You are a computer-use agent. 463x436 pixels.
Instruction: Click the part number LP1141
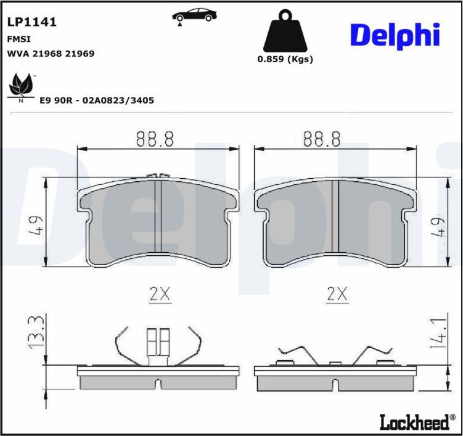tap(31, 22)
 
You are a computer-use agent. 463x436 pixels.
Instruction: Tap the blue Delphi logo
tap(395, 35)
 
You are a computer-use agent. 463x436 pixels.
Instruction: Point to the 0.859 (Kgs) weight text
tap(285, 60)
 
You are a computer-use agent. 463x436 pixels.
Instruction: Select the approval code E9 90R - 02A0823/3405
tap(97, 100)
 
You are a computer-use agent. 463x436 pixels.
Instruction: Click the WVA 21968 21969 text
tap(50, 54)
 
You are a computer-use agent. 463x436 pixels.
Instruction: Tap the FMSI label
tap(15, 38)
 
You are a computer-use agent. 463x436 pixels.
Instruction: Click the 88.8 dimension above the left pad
tap(155, 139)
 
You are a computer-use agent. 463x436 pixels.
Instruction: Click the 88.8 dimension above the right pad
tap(322, 139)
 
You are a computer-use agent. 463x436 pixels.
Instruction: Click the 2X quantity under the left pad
tap(160, 295)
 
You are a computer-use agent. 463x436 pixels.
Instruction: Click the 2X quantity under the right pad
tap(337, 295)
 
